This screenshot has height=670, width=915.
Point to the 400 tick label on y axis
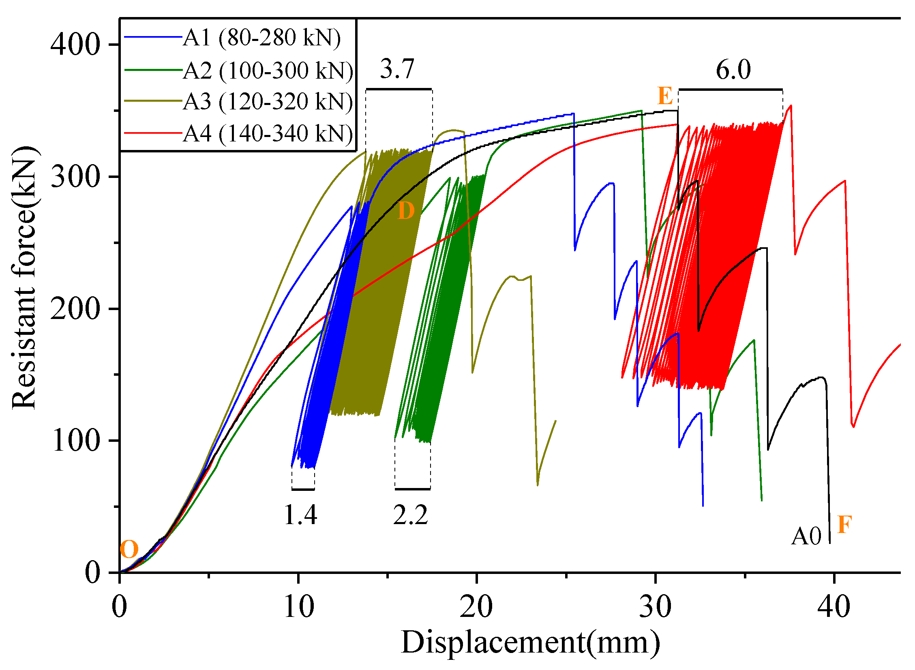pyautogui.click(x=75, y=44)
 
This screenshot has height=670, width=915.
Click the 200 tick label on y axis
pyautogui.click(x=75, y=309)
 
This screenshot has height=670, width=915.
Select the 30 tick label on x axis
pyautogui.click(x=656, y=607)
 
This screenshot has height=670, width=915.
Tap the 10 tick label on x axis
pyautogui.click(x=299, y=607)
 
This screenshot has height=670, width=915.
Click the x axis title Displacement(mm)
pyautogui.click(x=530, y=643)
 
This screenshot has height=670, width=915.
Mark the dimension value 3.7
pyautogui.click(x=397, y=69)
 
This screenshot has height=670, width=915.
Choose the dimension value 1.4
pyautogui.click(x=300, y=515)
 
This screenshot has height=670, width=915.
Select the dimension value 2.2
pyautogui.click(x=410, y=515)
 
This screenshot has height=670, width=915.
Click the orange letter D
pyautogui.click(x=406, y=211)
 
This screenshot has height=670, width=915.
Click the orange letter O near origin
pyautogui.click(x=129, y=550)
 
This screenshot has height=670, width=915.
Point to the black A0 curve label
pyautogui.click(x=806, y=536)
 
